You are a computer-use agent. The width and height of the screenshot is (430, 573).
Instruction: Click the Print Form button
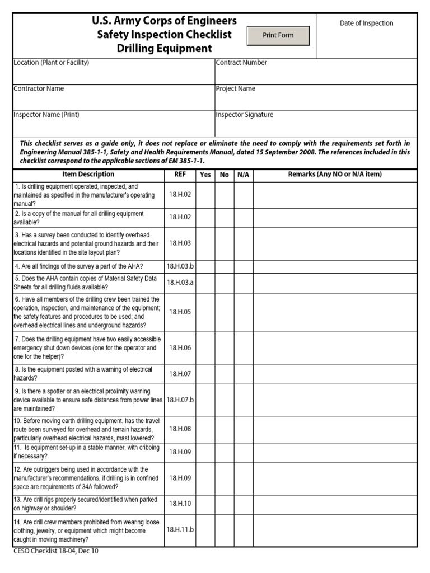[x=278, y=35]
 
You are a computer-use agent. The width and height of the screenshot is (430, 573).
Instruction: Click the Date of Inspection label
[x=366, y=23]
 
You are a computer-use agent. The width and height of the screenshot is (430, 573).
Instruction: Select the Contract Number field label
[x=241, y=63]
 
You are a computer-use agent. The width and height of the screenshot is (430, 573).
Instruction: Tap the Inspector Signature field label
[x=244, y=115]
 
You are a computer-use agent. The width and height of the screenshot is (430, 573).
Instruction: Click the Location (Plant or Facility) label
[x=51, y=63]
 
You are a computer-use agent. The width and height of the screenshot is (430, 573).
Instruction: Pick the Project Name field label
[x=235, y=88]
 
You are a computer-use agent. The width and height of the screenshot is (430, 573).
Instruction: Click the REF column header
[x=180, y=175]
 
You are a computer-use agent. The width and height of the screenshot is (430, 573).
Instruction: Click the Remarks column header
[x=335, y=175]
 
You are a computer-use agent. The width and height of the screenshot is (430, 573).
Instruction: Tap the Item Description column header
[x=88, y=175]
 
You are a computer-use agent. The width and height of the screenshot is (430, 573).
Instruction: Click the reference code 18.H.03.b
[x=180, y=266]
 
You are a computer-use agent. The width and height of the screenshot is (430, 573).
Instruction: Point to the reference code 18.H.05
[x=180, y=312]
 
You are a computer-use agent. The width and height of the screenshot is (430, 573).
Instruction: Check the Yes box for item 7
[x=205, y=348]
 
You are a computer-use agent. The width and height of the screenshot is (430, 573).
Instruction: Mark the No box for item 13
[x=225, y=504]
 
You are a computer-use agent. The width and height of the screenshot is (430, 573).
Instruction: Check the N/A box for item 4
[x=243, y=266]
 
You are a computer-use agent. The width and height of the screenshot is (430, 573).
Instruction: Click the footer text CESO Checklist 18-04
[x=56, y=551]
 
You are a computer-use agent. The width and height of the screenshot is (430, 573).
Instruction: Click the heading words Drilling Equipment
[x=164, y=49]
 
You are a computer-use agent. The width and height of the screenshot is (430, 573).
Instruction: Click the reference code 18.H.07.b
[x=180, y=400]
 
